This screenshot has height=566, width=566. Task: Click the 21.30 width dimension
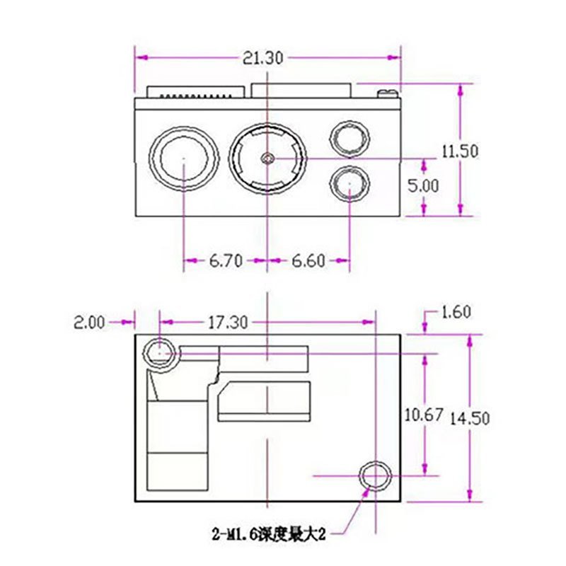coord(262,59)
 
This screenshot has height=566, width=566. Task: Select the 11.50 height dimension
coord(460,151)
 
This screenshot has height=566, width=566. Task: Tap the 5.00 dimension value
coord(423,185)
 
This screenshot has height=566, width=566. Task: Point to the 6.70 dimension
coord(225,261)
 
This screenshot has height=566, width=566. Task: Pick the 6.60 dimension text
coord(308,261)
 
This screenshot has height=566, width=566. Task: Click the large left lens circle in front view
coord(183,158)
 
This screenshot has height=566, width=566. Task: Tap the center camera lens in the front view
coord(267,158)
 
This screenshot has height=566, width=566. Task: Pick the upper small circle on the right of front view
coord(351,137)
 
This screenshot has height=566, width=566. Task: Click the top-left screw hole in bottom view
coord(160,351)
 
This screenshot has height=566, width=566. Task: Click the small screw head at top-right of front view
coord(387,93)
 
